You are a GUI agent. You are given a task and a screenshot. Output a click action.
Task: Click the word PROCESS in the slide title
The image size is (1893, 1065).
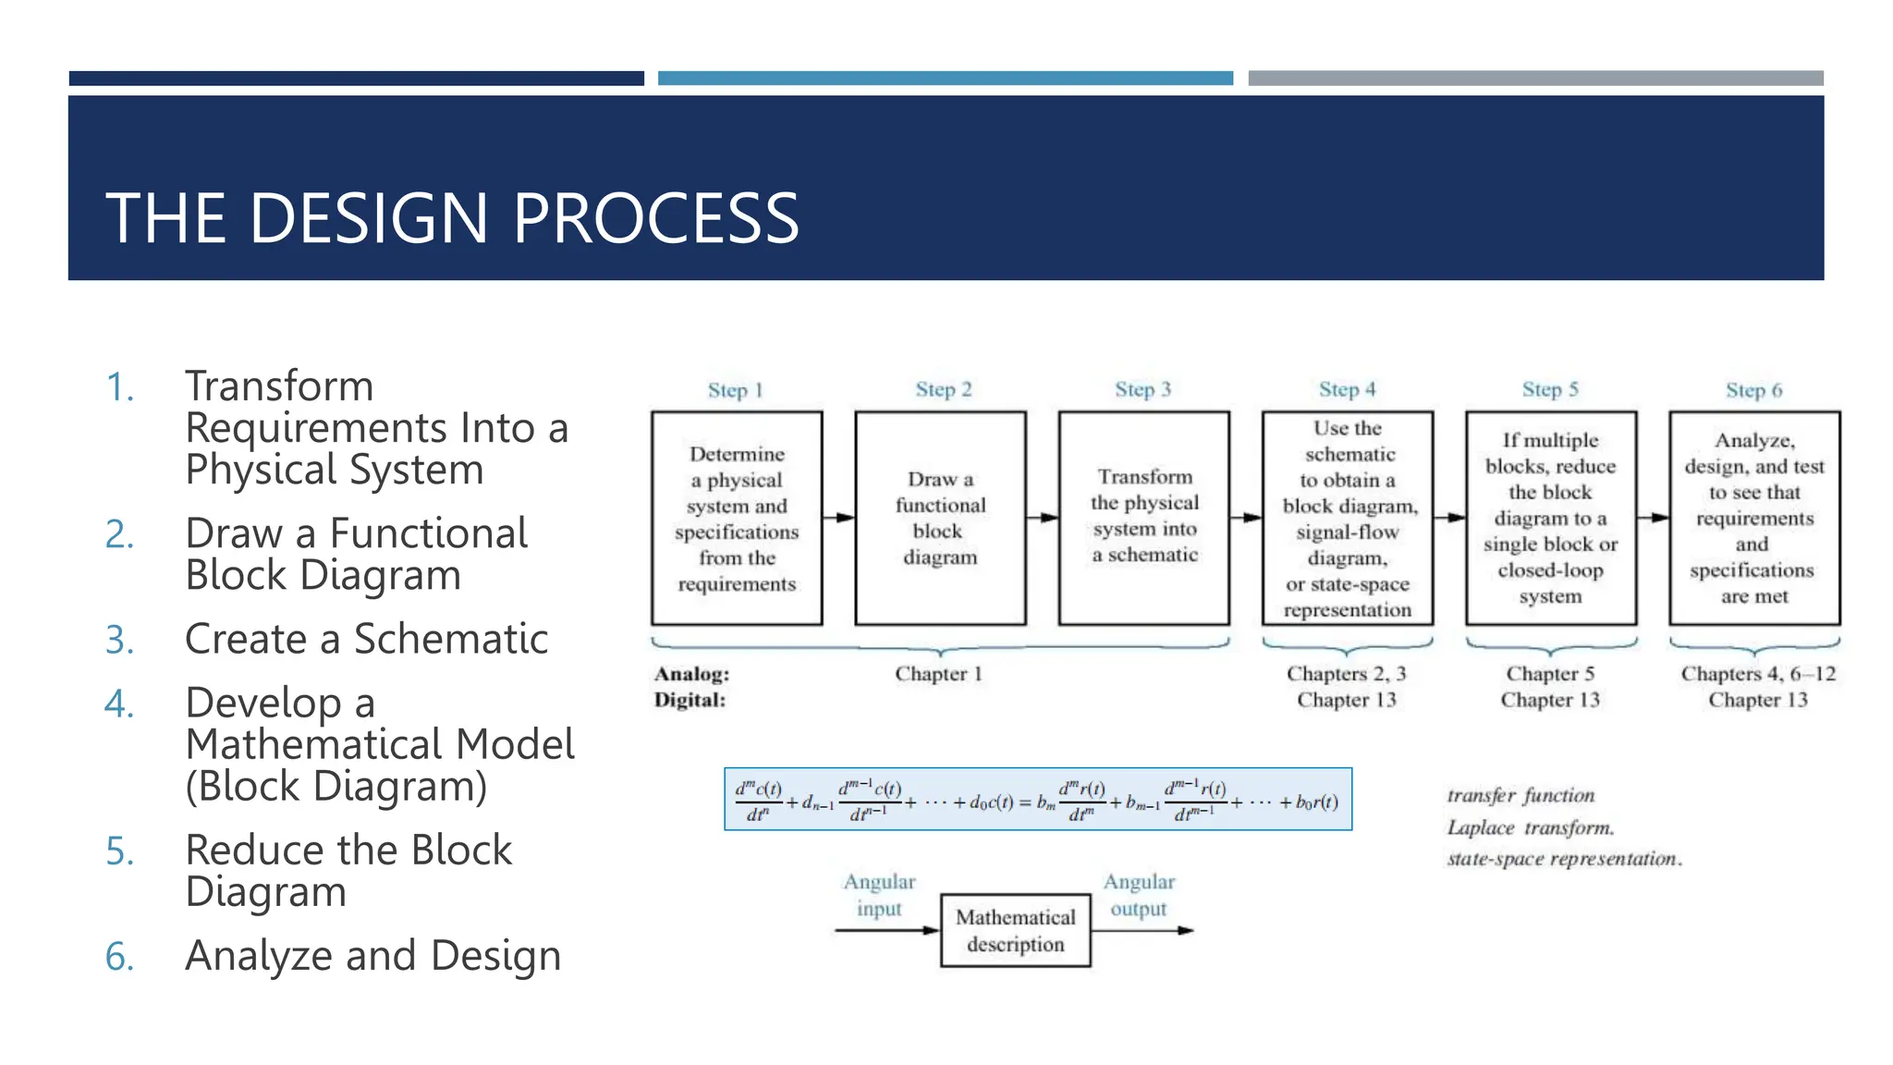tap(655, 218)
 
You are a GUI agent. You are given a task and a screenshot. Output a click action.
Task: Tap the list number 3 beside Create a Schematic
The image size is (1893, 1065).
tap(119, 640)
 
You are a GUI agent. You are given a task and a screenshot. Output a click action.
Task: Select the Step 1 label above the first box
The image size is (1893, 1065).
tap(735, 390)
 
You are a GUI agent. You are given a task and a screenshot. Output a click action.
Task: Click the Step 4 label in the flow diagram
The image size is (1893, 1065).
tap(1347, 389)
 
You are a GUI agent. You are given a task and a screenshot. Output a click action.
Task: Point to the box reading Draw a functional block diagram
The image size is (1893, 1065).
tap(940, 518)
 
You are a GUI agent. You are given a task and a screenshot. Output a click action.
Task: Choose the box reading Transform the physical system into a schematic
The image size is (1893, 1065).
tap(1143, 518)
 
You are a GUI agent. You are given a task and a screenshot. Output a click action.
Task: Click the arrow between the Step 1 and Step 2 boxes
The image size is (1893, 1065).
tap(838, 518)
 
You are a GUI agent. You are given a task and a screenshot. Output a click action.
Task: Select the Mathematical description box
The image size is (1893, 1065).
tap(1015, 930)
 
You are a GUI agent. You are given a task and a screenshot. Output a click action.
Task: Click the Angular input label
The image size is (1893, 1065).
tap(878, 895)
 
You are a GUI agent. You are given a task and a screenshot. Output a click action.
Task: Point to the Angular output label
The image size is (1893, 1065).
tap(1139, 895)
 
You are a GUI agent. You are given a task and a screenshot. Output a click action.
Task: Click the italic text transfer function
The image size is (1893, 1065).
tap(1521, 795)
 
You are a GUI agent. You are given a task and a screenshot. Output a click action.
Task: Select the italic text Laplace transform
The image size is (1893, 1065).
tap(1530, 827)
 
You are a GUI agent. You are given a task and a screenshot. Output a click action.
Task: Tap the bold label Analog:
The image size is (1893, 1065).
tap(691, 674)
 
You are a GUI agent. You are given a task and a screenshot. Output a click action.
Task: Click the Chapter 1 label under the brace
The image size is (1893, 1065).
tap(938, 674)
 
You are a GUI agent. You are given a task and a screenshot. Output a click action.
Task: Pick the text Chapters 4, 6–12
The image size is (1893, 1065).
tap(1757, 674)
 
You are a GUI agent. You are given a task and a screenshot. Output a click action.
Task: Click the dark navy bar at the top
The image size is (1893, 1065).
tap(356, 79)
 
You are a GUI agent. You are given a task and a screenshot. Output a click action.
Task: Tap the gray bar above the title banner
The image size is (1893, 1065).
tap(1534, 79)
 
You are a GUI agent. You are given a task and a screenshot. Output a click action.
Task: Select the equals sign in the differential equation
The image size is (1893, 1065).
tap(1025, 802)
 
